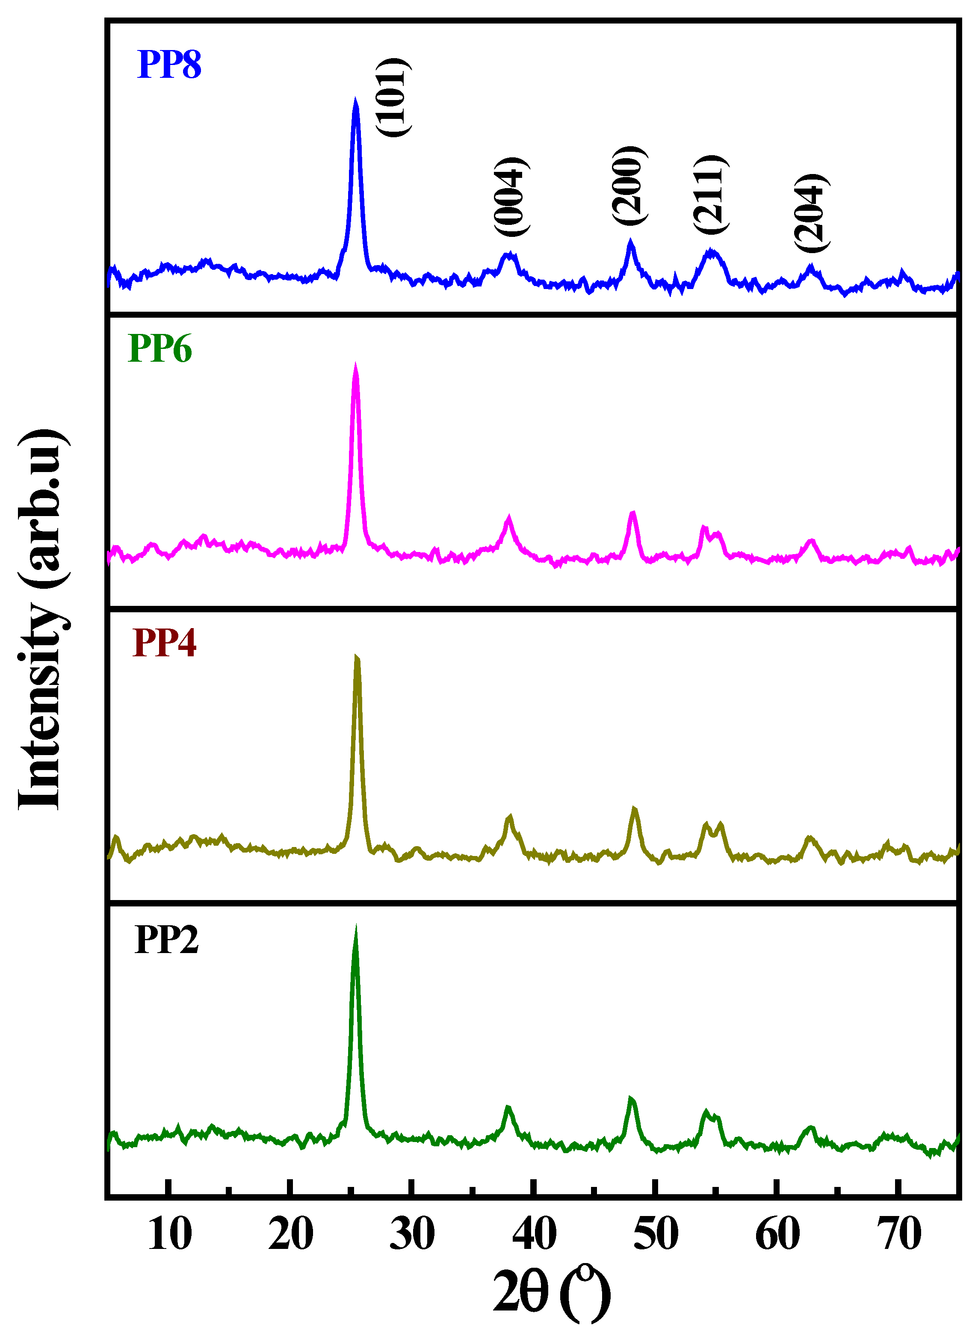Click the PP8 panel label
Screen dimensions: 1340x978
pos(169,65)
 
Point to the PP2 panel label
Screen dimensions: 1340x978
pos(166,939)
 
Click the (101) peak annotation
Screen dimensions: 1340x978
pos(393,97)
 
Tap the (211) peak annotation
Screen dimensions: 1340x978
pos(710,194)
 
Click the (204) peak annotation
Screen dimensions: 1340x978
pos(811,213)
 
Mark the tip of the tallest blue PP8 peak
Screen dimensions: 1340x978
pos(355,100)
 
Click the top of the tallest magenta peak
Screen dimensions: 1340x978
pos(355,365)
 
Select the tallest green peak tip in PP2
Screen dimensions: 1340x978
pos(355,928)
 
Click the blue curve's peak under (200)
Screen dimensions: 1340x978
pos(630,240)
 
